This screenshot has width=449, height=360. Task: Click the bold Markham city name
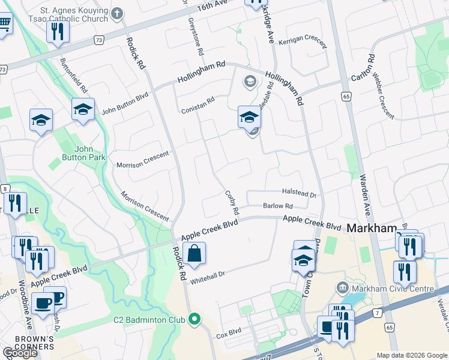click(372, 229)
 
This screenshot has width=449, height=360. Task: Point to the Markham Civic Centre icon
click(343, 289)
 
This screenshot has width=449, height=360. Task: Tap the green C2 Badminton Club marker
click(193, 320)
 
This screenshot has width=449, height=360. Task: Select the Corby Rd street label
click(232, 203)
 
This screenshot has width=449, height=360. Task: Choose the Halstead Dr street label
click(299, 194)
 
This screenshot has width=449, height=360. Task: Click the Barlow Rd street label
click(277, 206)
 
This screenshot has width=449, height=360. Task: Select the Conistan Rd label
click(198, 106)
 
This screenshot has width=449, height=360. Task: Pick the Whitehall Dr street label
click(207, 277)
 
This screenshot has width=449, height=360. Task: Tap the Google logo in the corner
click(20, 353)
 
